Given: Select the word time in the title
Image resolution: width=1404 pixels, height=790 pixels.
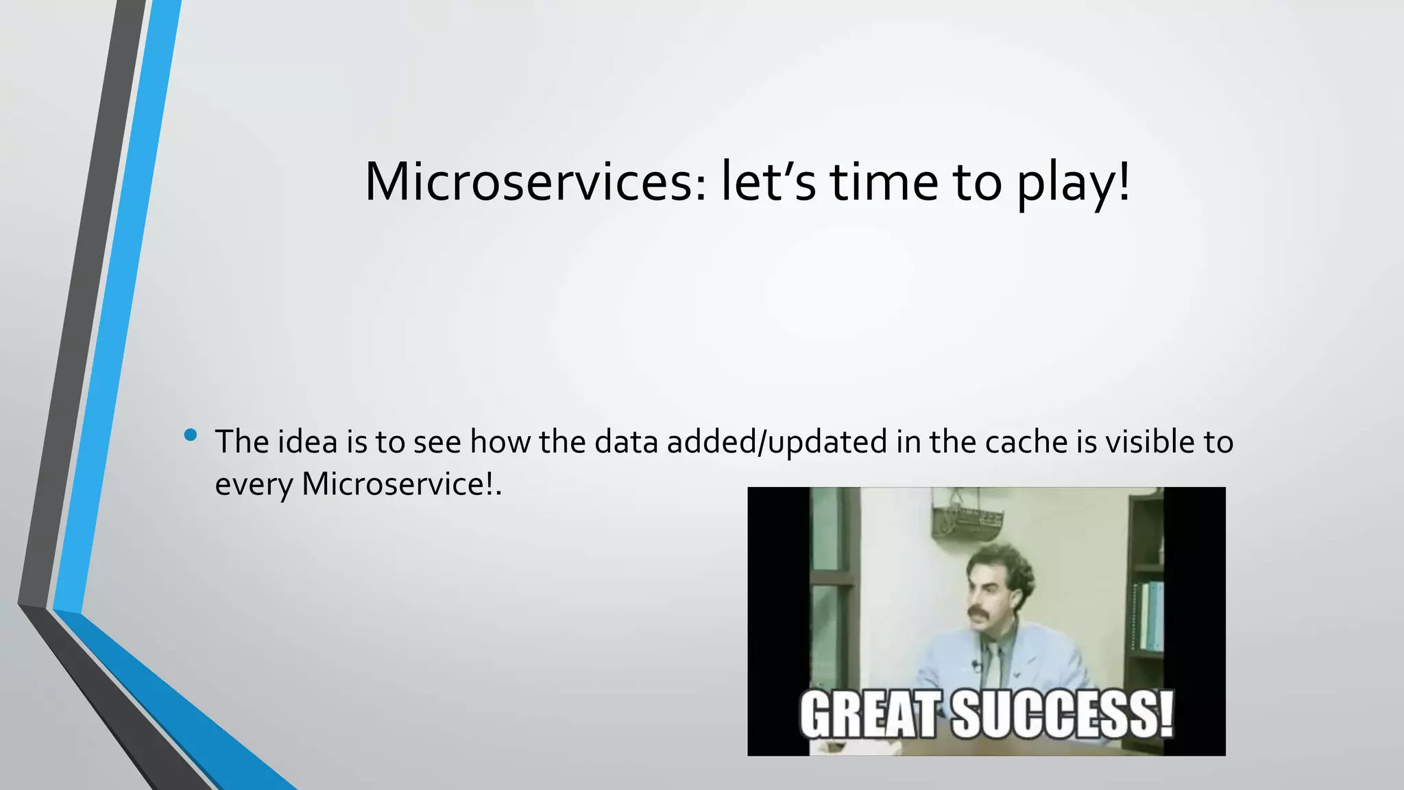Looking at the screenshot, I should point(884,182).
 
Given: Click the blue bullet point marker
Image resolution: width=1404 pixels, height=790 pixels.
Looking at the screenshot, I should point(191,435).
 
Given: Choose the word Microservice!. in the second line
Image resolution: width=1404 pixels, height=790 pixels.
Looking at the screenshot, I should point(402,484).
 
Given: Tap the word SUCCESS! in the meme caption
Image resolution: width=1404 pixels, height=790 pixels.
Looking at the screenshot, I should point(1062,715).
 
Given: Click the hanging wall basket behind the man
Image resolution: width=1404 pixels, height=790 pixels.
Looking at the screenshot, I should point(966,520).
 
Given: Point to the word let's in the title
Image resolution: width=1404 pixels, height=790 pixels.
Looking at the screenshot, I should point(768,182).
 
